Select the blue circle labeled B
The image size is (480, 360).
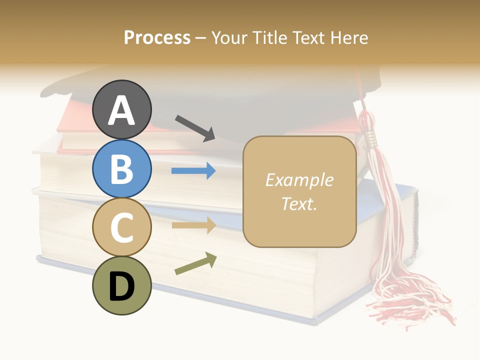[x=122, y=168]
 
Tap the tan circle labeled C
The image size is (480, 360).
[x=122, y=227]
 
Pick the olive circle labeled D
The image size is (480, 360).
[x=122, y=285]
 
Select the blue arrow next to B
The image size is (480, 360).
[x=193, y=171]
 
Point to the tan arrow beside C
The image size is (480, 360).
[x=193, y=225]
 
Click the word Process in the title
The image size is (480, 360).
[x=157, y=38]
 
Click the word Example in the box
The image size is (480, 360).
[x=299, y=180]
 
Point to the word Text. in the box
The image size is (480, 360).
[x=299, y=203]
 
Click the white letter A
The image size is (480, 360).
[x=122, y=110]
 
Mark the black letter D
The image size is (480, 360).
[x=122, y=286]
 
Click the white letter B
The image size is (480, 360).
[x=122, y=169]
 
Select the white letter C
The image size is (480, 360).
[x=122, y=227]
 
